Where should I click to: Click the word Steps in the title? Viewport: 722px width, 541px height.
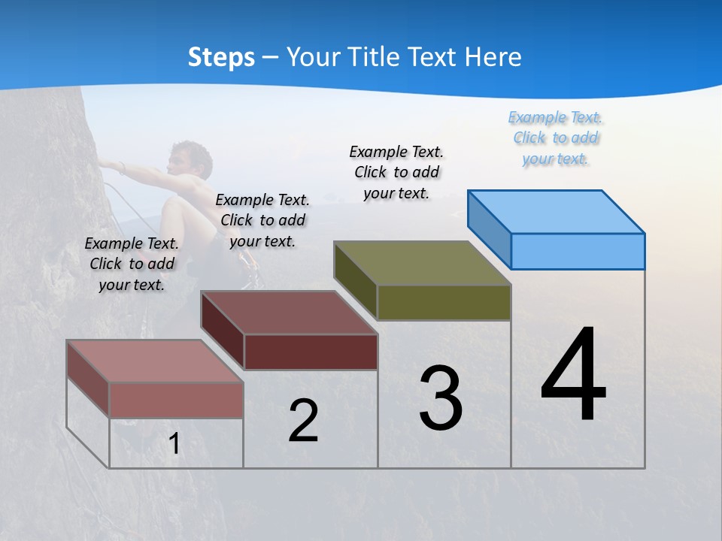click(221, 57)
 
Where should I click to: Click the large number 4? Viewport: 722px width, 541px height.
click(573, 376)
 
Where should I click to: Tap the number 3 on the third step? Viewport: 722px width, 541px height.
click(441, 398)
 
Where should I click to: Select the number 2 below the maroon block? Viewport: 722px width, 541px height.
click(303, 421)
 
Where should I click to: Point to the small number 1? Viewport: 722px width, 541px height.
click(174, 444)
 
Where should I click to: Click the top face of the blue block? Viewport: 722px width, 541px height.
click(557, 211)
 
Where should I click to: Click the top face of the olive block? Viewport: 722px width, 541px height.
click(423, 263)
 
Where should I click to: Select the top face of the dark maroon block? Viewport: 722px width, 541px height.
click(289, 313)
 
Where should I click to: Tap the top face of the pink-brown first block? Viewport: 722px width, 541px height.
click(155, 361)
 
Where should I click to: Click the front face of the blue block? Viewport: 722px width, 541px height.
click(578, 251)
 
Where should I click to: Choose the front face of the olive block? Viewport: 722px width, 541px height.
click(444, 302)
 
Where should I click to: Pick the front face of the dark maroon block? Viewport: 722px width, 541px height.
click(311, 352)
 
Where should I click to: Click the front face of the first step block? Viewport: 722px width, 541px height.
click(176, 400)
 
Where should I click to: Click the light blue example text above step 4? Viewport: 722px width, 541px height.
click(556, 138)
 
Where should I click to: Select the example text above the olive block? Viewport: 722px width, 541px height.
click(396, 172)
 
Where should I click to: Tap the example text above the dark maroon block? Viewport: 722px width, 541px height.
click(262, 220)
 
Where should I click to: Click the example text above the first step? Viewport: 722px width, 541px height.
click(132, 264)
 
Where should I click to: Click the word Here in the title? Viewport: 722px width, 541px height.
click(493, 57)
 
